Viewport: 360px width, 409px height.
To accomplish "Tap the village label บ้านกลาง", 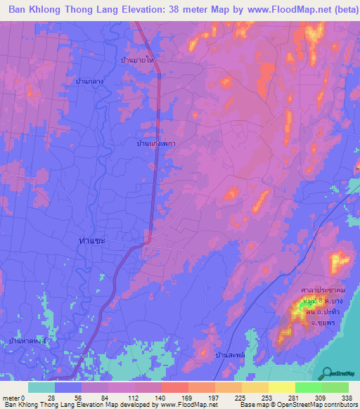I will [x=90, y=82].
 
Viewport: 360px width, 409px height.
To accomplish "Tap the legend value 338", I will [x=345, y=397].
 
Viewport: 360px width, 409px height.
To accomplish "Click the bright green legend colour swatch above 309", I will [x=309, y=387].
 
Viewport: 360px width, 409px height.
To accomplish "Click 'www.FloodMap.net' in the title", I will [x=269, y=11].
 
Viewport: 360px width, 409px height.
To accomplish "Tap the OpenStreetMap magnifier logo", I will [x=324, y=372].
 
